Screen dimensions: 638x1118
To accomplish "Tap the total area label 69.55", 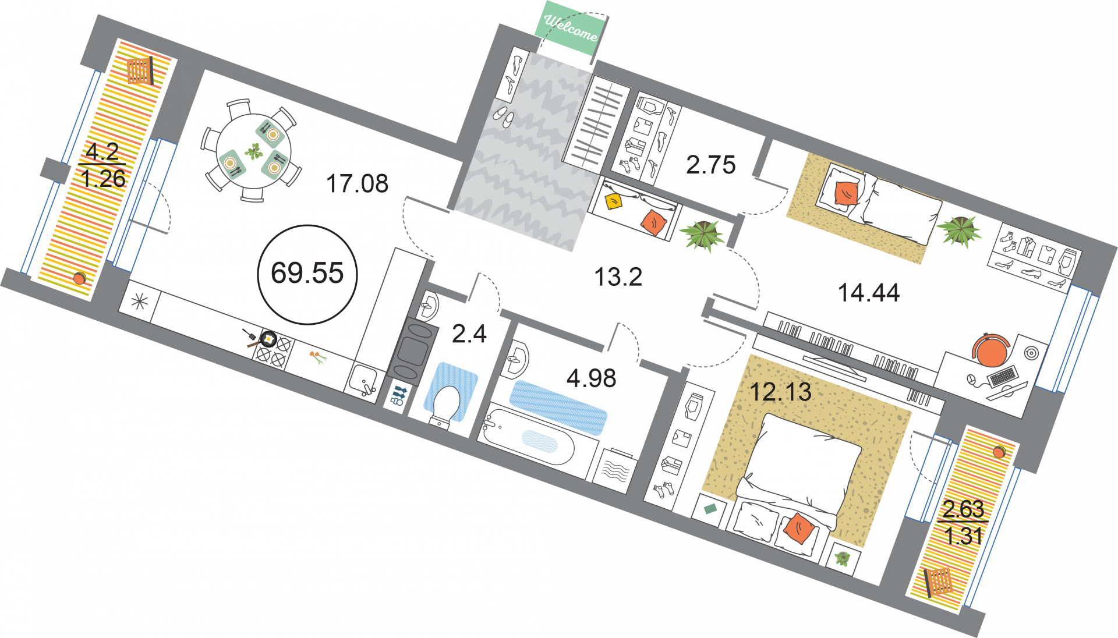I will [307, 274].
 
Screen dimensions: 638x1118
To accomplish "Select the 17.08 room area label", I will [357, 184].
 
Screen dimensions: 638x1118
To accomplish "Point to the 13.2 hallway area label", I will [618, 277].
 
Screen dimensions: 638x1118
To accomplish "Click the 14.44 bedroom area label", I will [868, 293].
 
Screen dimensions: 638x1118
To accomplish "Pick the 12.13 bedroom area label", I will [780, 392].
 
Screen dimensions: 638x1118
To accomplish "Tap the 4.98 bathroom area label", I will [591, 379].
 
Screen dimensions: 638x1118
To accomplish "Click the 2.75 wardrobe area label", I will [710, 165].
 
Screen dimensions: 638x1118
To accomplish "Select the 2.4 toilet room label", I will [469, 334].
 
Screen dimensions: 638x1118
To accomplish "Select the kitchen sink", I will [363, 381].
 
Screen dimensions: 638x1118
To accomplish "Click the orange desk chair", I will [989, 350].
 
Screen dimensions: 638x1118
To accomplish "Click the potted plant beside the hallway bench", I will [703, 235].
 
